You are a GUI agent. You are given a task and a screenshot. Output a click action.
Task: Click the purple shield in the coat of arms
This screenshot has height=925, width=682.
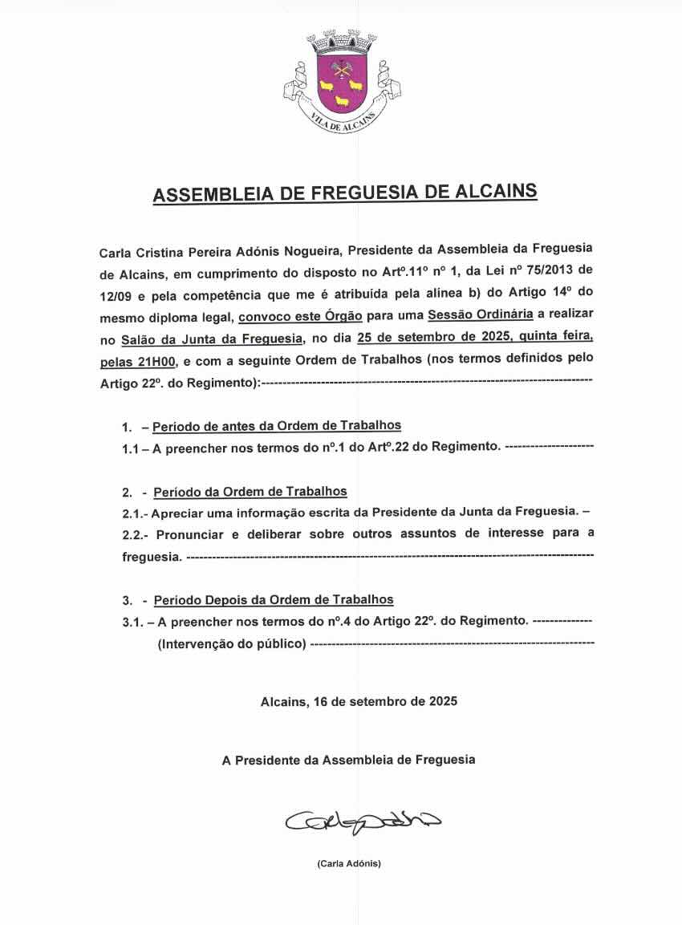pyautogui.click(x=341, y=84)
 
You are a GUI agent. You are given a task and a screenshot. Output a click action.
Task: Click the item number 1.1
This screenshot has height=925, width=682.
pyautogui.click(x=131, y=448)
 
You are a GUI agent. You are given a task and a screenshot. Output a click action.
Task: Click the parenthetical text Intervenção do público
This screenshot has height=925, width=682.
pyautogui.click(x=232, y=643)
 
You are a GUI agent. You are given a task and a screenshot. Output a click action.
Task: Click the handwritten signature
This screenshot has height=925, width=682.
pyautogui.click(x=361, y=821)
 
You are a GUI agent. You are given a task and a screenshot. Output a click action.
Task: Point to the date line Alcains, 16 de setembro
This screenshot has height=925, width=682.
pyautogui.click(x=359, y=701)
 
